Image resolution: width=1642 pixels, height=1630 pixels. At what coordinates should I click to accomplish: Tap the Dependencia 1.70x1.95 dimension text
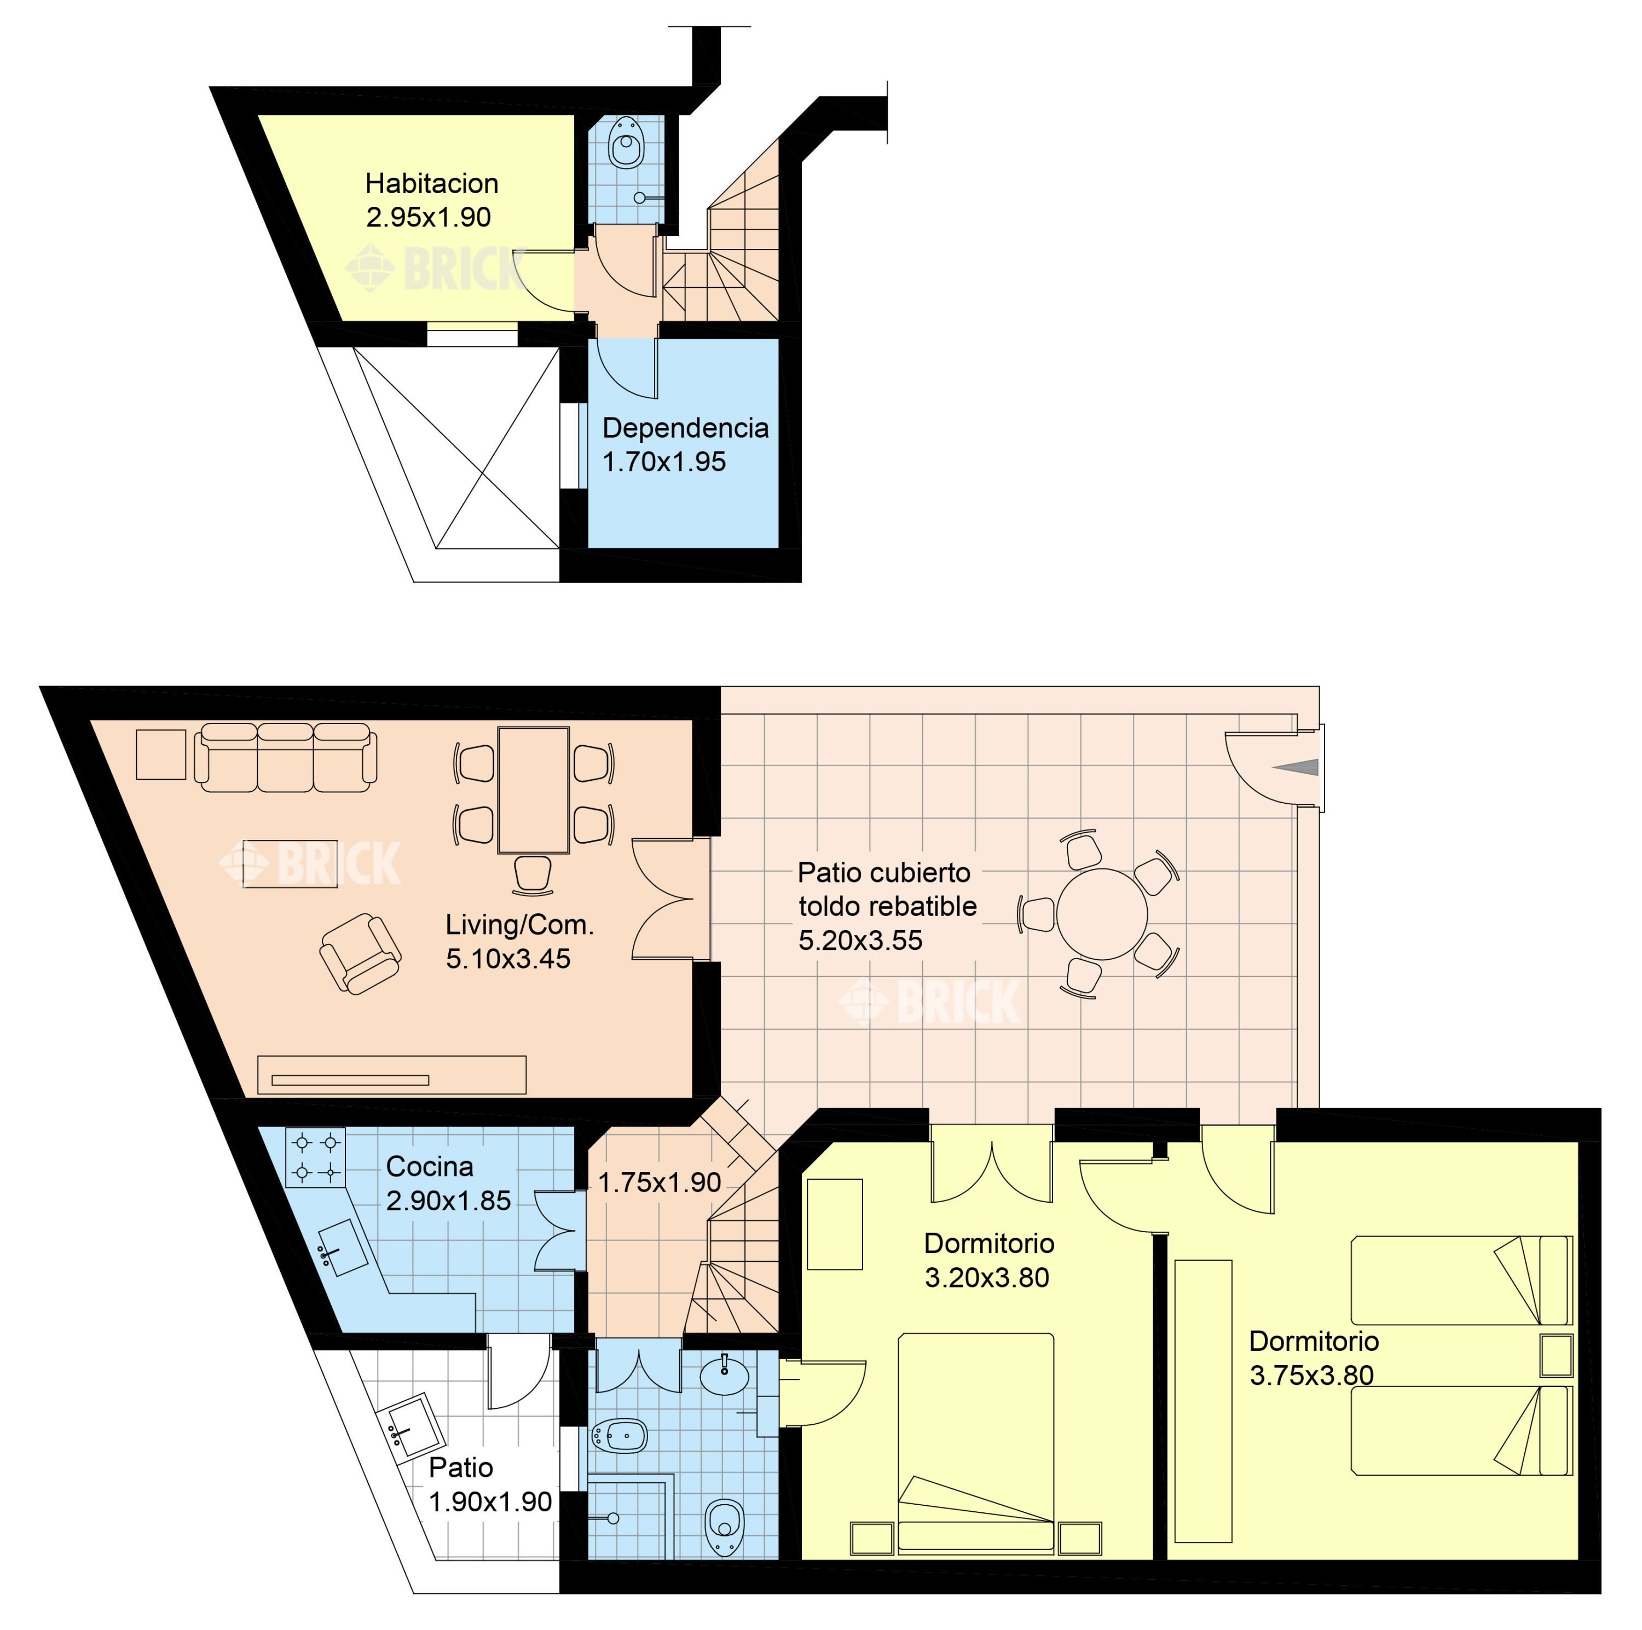664,461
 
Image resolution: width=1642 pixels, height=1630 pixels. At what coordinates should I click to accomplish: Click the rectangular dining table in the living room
533,790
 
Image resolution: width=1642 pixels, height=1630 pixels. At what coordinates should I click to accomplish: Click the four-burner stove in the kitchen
315,1157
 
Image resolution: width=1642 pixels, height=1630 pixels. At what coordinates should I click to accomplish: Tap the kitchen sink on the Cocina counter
342,1248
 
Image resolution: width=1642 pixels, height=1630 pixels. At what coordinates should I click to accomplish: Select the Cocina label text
429,1166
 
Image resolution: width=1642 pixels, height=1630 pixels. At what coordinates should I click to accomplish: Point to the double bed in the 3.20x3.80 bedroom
976,1443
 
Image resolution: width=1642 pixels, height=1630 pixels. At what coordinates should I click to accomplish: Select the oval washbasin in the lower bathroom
724,1376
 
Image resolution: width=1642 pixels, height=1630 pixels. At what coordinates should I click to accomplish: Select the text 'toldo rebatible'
887,906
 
